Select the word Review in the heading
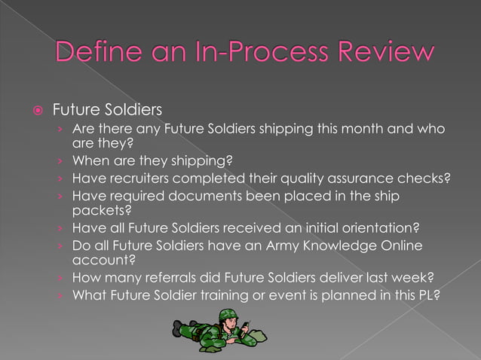[x=384, y=52]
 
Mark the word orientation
[x=380, y=227]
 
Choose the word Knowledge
[x=339, y=246]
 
